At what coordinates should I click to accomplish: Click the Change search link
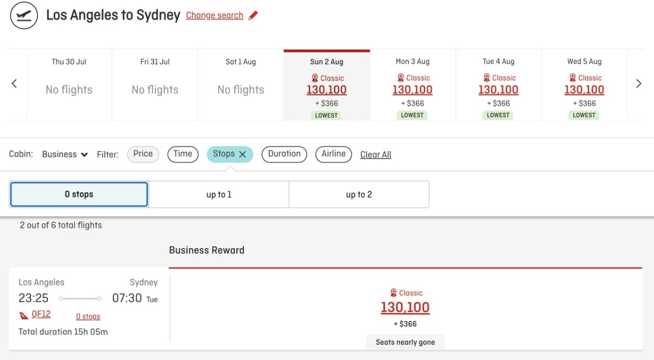pyautogui.click(x=214, y=16)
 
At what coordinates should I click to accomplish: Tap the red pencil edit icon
pyautogui.click(x=253, y=16)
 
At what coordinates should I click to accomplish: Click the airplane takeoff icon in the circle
pyautogui.click(x=24, y=16)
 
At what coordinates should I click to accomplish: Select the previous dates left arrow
pyautogui.click(x=15, y=84)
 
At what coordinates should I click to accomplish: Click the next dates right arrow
pyautogui.click(x=638, y=84)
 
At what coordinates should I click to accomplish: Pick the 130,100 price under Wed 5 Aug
pyautogui.click(x=584, y=90)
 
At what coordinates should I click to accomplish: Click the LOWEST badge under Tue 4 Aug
pyautogui.click(x=498, y=115)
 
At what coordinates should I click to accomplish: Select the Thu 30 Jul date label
pyautogui.click(x=69, y=61)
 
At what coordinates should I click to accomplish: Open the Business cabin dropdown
pyautogui.click(x=65, y=155)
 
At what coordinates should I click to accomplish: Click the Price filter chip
pyautogui.click(x=143, y=154)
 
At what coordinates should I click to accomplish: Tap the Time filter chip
pyautogui.click(x=183, y=154)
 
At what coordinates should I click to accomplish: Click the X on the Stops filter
pyautogui.click(x=242, y=155)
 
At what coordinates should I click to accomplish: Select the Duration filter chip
pyautogui.click(x=284, y=154)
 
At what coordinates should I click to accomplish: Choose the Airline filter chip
pyautogui.click(x=333, y=154)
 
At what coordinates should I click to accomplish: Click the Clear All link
pyautogui.click(x=375, y=155)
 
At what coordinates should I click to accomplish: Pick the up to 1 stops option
pyautogui.click(x=219, y=195)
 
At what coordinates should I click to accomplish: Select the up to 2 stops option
pyautogui.click(x=359, y=195)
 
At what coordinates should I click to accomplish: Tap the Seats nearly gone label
pyautogui.click(x=405, y=342)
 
